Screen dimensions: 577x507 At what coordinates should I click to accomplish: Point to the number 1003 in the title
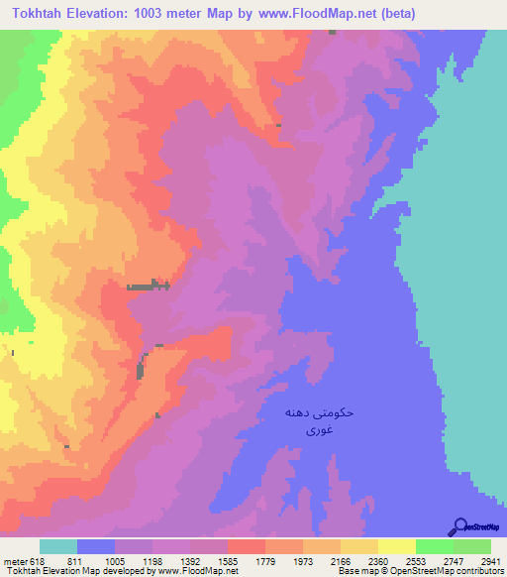(150, 13)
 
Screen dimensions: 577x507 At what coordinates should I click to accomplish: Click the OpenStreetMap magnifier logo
(459, 527)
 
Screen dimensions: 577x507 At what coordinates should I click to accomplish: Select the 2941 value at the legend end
(478, 560)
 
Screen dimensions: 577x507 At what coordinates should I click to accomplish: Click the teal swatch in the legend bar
(58, 546)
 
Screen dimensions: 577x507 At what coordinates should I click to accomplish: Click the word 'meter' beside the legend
(14, 560)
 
